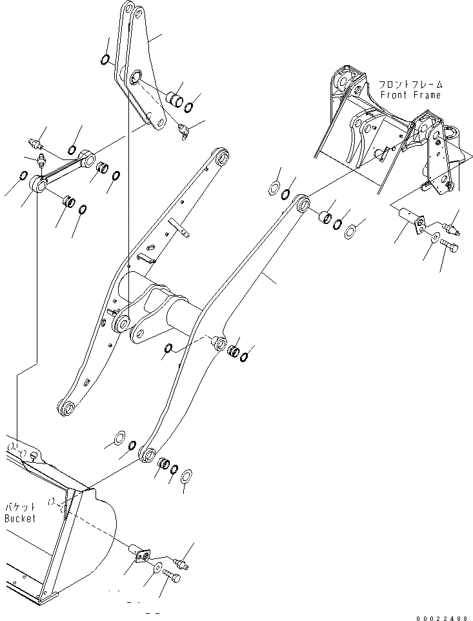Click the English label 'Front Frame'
[x=410, y=95]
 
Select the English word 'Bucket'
[x=21, y=518]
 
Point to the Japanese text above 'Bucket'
[x=21, y=508]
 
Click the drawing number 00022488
[x=441, y=616]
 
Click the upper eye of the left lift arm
[x=221, y=156]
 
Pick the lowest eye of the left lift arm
[x=66, y=407]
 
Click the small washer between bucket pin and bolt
[x=158, y=567]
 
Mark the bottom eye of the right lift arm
[x=147, y=454]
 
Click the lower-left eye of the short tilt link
[x=40, y=185]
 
